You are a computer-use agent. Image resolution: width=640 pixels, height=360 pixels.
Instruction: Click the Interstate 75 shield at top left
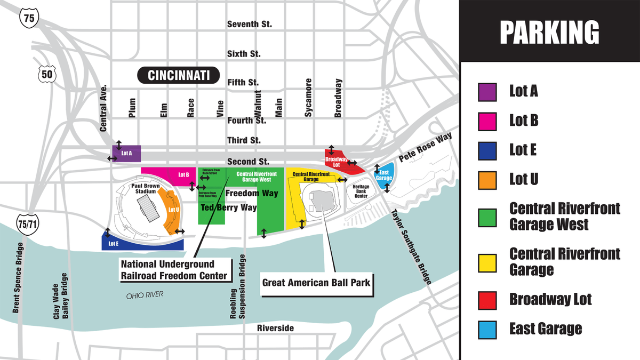(30, 18)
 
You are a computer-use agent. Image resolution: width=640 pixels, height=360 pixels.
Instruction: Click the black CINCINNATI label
(179, 75)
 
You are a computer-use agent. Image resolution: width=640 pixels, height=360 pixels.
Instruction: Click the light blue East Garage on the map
(385, 174)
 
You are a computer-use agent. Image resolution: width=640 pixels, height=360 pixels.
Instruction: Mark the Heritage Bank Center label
(361, 191)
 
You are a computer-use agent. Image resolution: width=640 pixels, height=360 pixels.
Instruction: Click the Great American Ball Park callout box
(316, 283)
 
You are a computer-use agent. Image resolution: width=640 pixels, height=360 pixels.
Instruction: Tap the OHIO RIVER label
(145, 295)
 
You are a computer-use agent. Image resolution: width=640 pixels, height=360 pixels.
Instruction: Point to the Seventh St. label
(249, 25)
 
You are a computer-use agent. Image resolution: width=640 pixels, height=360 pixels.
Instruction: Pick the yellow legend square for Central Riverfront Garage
(487, 262)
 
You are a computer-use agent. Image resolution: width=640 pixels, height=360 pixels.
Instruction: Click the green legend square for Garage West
(487, 217)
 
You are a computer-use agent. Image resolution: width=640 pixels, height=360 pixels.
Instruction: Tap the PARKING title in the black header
(549, 32)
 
